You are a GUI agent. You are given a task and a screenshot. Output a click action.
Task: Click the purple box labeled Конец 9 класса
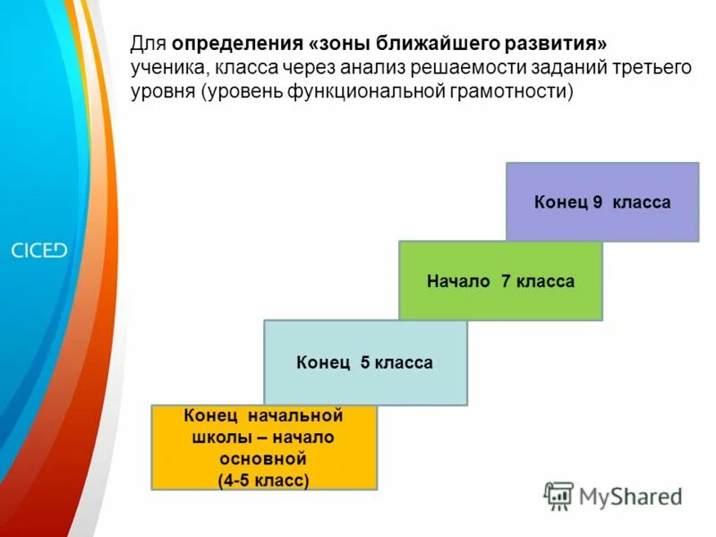(601, 202)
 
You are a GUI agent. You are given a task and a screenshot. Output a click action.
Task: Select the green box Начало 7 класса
(500, 281)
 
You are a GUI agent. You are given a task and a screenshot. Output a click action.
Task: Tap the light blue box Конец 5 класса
(365, 362)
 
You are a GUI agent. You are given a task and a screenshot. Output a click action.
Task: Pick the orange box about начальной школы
(264, 447)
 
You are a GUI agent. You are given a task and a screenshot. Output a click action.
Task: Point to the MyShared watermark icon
(559, 495)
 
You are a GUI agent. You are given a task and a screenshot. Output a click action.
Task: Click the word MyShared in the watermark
(630, 496)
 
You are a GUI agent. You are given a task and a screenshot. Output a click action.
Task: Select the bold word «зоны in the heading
(339, 44)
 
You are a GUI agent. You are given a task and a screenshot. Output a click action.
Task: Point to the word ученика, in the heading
(169, 68)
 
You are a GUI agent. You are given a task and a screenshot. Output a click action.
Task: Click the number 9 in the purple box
(597, 202)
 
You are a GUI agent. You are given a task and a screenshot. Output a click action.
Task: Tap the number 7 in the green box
(506, 281)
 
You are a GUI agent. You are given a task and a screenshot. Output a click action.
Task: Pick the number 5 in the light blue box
(365, 362)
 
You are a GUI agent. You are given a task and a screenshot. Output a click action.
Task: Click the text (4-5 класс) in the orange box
(264, 481)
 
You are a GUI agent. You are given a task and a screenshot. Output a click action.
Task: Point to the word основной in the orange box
(264, 459)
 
